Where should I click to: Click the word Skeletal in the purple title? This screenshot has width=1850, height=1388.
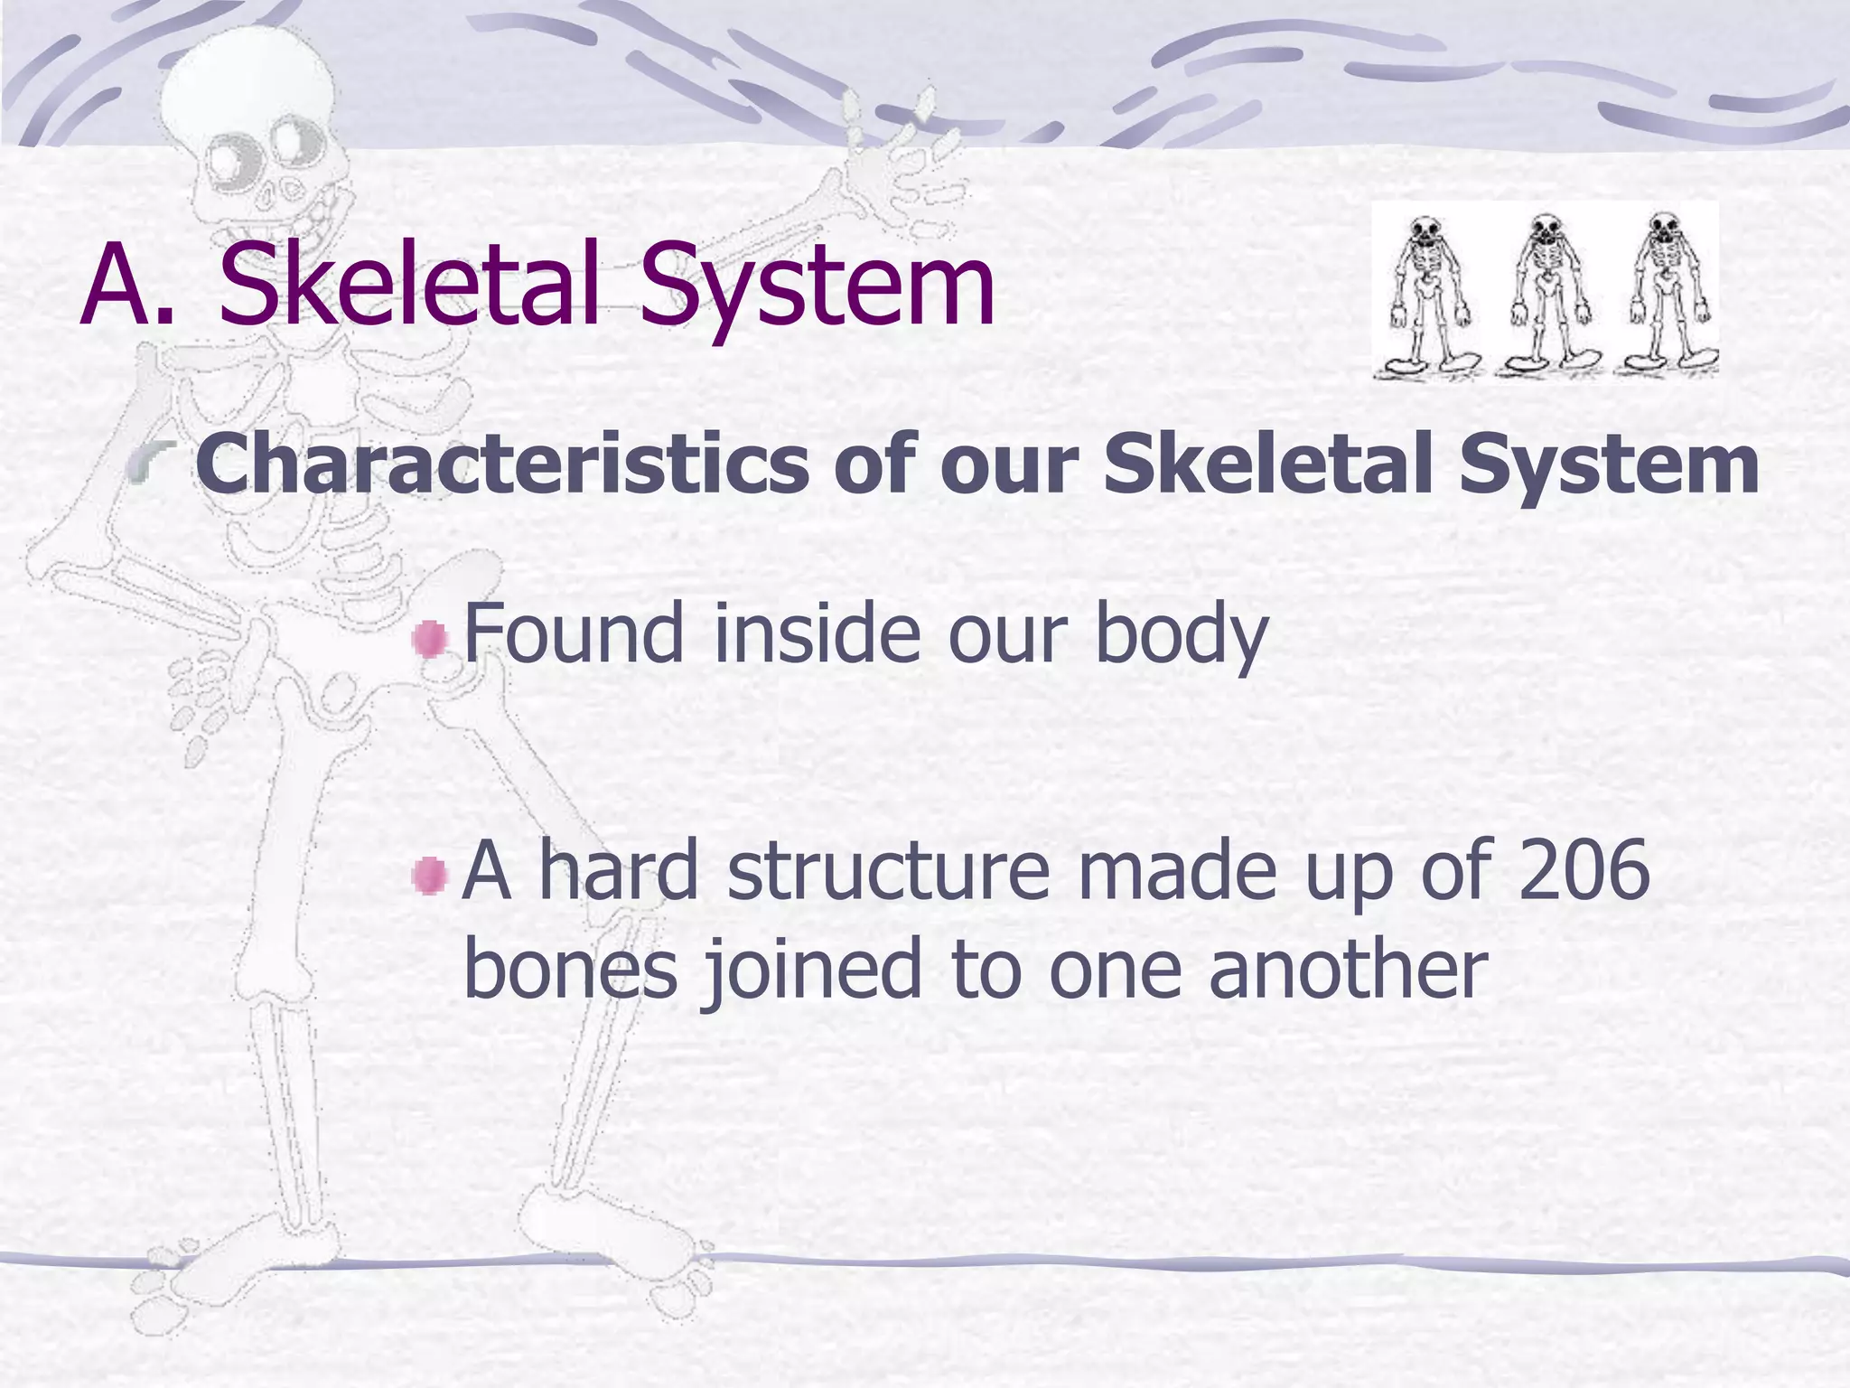tap(408, 284)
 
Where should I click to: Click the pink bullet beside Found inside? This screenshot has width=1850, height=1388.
tap(430, 640)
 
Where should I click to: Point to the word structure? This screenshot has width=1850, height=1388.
tap(889, 871)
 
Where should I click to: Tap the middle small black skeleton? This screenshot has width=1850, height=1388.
tap(1546, 295)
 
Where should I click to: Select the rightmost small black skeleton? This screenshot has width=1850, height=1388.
tap(1665, 295)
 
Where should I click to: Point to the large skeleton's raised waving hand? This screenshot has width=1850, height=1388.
tap(894, 154)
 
